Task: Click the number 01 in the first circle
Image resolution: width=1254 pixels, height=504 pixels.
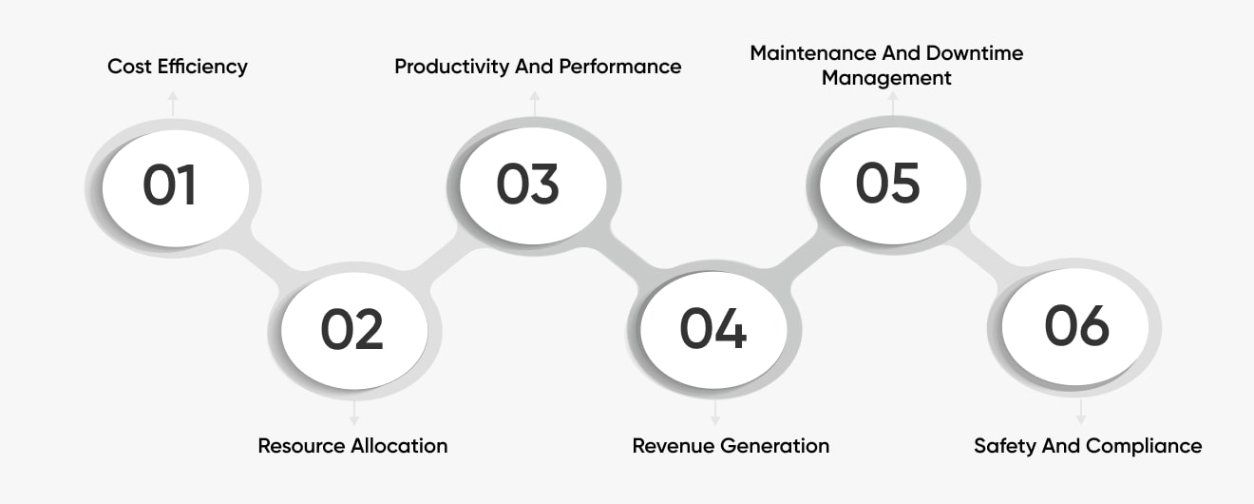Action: [169, 184]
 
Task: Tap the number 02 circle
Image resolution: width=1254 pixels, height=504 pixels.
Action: [353, 331]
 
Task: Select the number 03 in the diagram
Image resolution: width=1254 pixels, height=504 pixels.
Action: [527, 184]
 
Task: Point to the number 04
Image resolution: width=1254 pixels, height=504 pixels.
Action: [712, 328]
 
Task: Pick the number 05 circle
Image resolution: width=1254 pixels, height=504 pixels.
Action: [893, 185]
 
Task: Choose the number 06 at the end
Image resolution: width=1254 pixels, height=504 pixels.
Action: [1076, 325]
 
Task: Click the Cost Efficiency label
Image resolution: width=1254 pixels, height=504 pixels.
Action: [178, 67]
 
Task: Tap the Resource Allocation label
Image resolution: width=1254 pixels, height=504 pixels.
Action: [352, 446]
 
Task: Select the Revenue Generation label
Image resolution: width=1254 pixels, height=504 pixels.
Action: [731, 446]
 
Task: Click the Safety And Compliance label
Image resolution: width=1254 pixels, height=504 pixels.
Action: [1088, 446]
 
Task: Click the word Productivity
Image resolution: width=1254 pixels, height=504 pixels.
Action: [451, 67]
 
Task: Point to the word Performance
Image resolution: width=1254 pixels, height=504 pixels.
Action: [619, 67]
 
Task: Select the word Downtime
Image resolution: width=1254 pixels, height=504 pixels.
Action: [975, 53]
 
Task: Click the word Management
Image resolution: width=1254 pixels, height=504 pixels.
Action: [886, 79]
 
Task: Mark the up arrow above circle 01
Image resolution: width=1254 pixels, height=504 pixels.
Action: [173, 104]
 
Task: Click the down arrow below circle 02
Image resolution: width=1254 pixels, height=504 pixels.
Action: [353, 413]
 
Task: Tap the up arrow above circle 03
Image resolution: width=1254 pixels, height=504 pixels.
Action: [535, 104]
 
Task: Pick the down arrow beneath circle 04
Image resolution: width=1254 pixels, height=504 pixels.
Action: [715, 413]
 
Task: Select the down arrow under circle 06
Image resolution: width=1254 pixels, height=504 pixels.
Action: [1081, 412]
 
